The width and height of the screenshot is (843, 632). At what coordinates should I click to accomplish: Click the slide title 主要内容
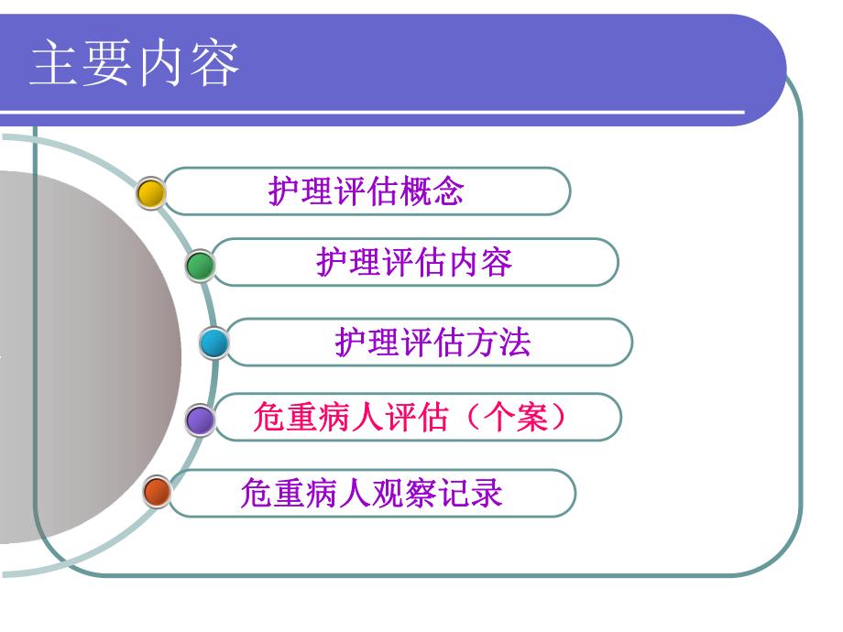tap(136, 64)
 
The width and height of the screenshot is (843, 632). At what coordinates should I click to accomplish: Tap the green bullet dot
tap(200, 266)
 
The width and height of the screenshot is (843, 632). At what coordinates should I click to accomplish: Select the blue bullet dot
tap(213, 343)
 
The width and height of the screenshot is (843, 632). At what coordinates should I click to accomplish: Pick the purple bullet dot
tap(200, 420)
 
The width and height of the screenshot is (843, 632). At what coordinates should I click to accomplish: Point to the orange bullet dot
tap(158, 494)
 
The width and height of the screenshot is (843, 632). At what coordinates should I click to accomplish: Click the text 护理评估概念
tap(366, 191)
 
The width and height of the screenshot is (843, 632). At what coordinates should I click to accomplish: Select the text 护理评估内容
tap(414, 263)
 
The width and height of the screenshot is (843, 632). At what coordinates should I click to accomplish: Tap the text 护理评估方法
tap(432, 343)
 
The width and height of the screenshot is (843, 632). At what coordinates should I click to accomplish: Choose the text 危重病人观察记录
tap(371, 494)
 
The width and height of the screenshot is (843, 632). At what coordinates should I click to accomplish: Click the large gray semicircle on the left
tap(82, 357)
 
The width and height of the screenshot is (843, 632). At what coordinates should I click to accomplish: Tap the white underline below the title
tap(367, 114)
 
